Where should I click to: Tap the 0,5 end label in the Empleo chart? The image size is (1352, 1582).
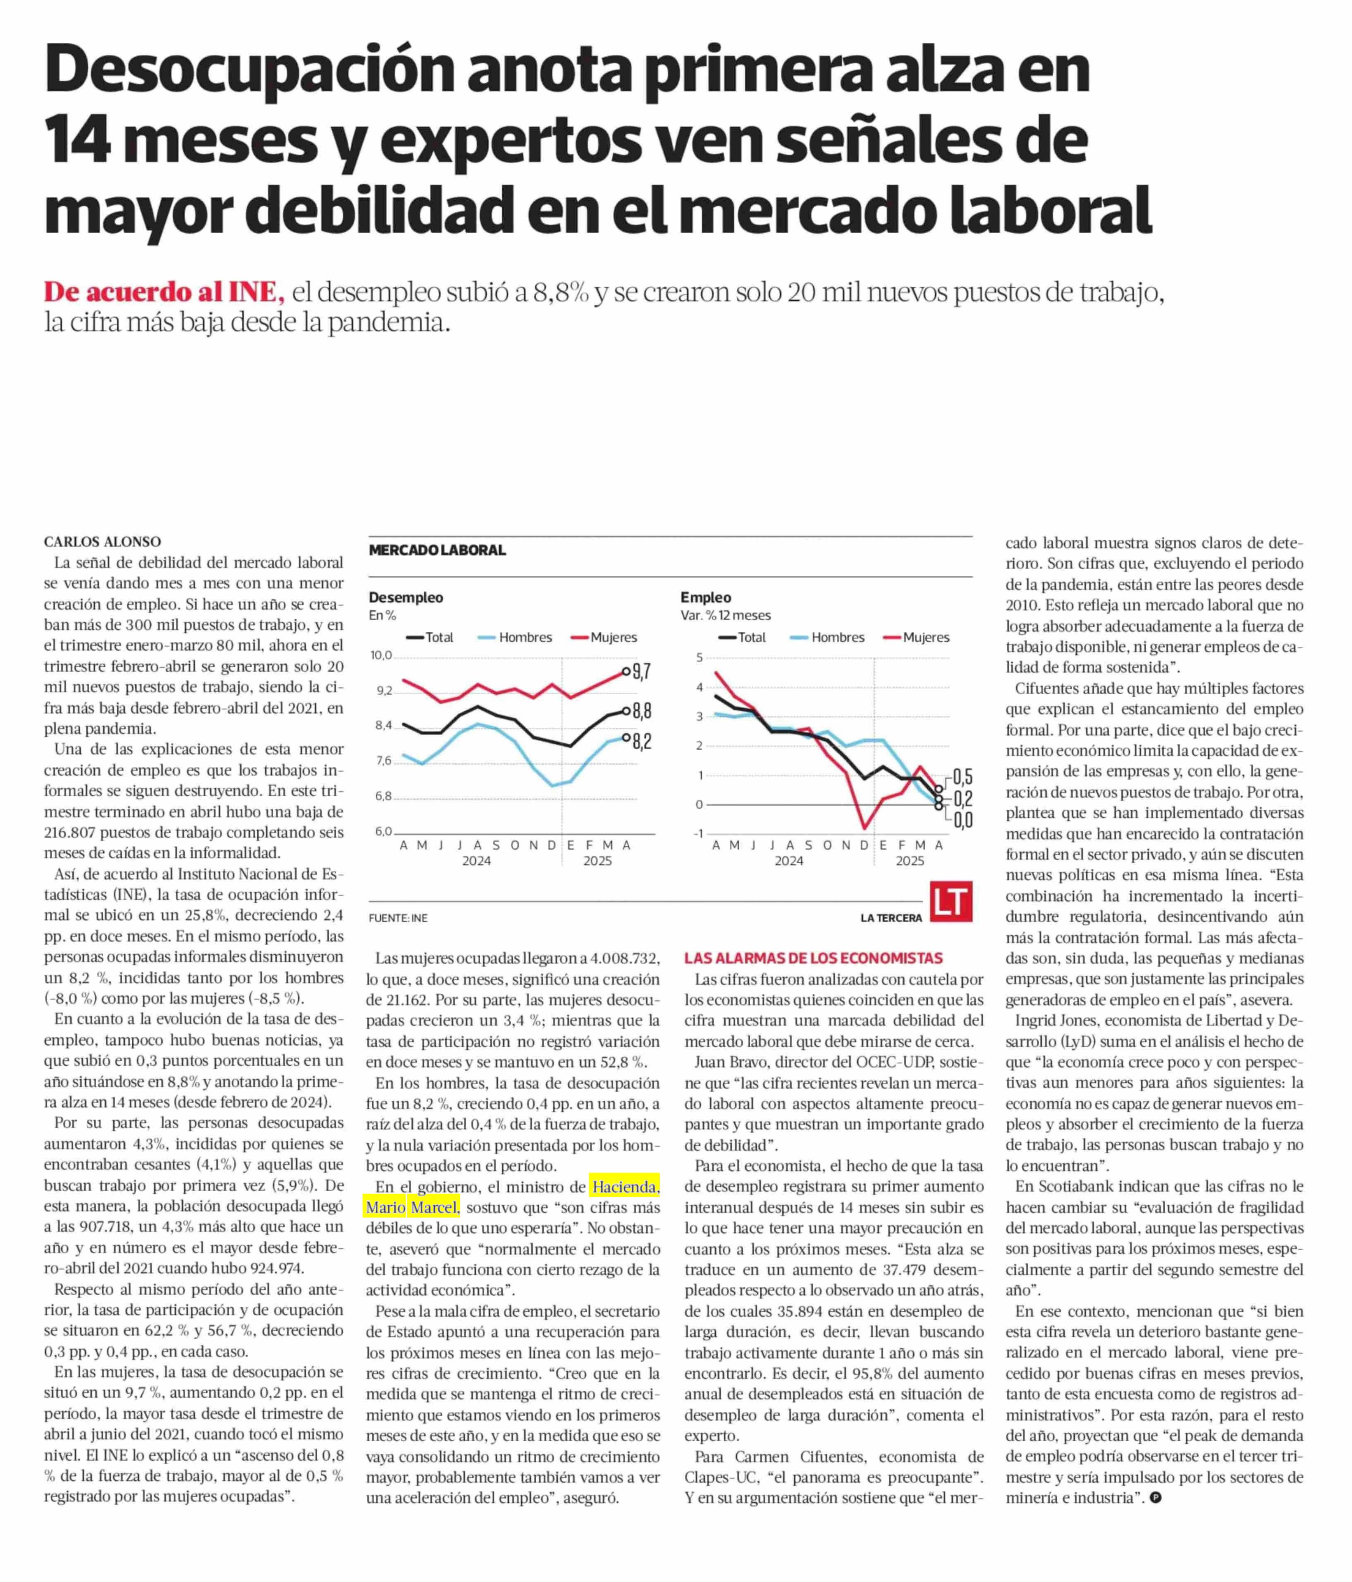(x=962, y=777)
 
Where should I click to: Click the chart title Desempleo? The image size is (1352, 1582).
(x=406, y=598)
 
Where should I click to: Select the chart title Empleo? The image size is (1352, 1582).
(x=706, y=598)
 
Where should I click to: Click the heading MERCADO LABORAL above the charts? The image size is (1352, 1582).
(x=437, y=550)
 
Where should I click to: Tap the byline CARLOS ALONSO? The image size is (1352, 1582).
(x=102, y=542)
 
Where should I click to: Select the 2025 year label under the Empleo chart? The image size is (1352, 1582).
(x=909, y=861)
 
